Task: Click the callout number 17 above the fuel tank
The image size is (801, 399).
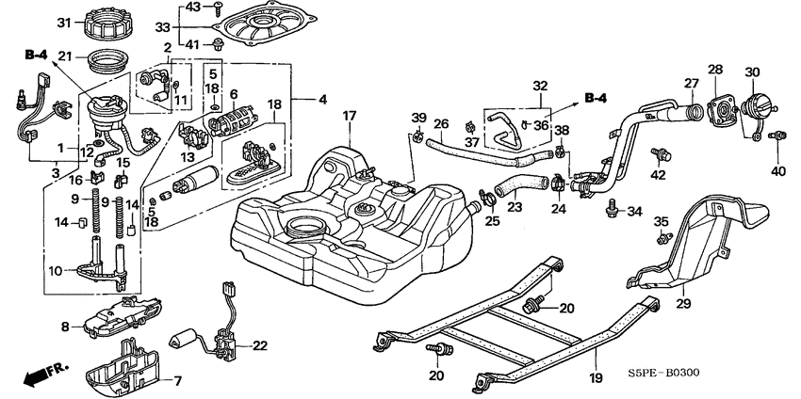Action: point(349,117)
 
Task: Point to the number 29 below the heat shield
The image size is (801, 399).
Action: point(683,304)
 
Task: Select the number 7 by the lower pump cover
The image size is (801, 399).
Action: point(65,327)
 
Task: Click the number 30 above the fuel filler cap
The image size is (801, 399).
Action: point(752,72)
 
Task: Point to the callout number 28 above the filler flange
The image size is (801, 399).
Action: point(714,70)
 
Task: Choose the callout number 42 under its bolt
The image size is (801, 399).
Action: point(659,175)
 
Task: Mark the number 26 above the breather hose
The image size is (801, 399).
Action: point(440,123)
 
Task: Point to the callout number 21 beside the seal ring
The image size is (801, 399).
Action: point(66,57)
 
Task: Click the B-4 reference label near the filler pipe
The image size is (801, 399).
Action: point(596,98)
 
